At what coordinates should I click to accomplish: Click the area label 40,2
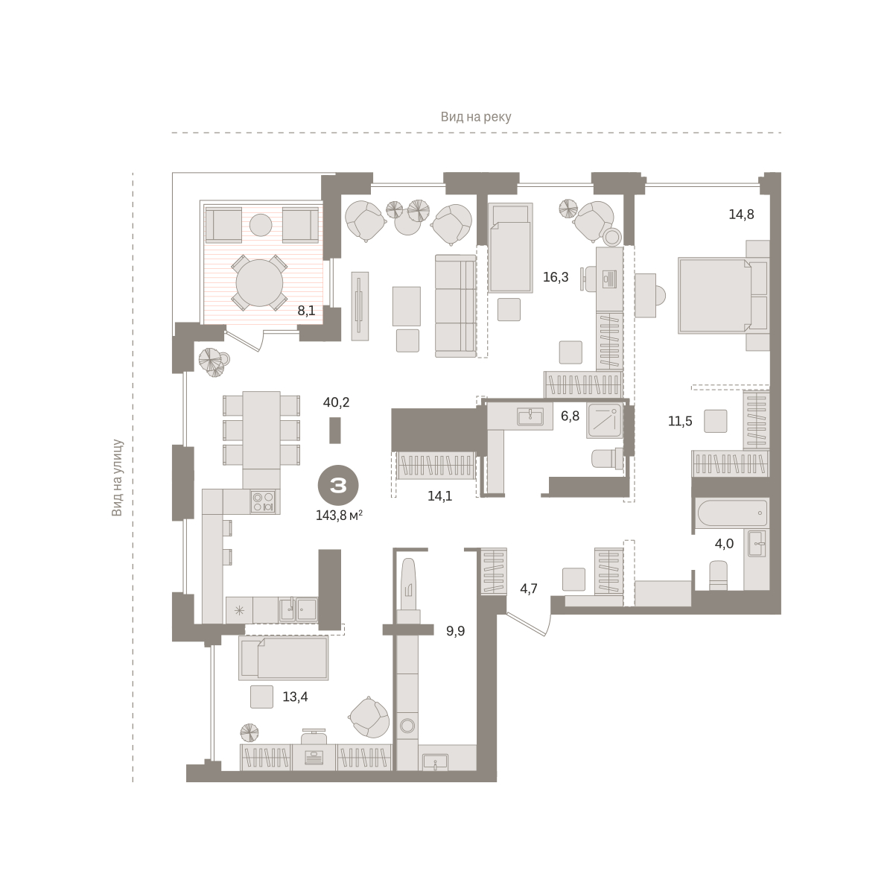(337, 402)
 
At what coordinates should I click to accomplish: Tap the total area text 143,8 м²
(339, 516)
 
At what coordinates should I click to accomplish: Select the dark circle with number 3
(338, 485)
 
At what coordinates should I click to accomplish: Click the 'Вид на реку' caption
(475, 117)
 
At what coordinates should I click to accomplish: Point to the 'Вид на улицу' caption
(117, 478)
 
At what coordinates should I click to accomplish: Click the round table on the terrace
(259, 282)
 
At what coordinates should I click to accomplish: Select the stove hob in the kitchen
(263, 501)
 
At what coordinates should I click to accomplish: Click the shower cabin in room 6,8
(604, 421)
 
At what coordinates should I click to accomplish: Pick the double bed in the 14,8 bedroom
(716, 296)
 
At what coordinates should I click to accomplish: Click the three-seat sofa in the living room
(456, 305)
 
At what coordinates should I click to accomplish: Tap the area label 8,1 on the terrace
(306, 311)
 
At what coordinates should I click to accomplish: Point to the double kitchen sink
(298, 609)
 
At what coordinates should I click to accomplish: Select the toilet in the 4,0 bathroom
(718, 576)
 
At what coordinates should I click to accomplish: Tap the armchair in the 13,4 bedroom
(369, 717)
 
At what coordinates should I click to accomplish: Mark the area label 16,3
(556, 277)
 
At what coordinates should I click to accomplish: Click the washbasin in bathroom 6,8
(530, 416)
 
